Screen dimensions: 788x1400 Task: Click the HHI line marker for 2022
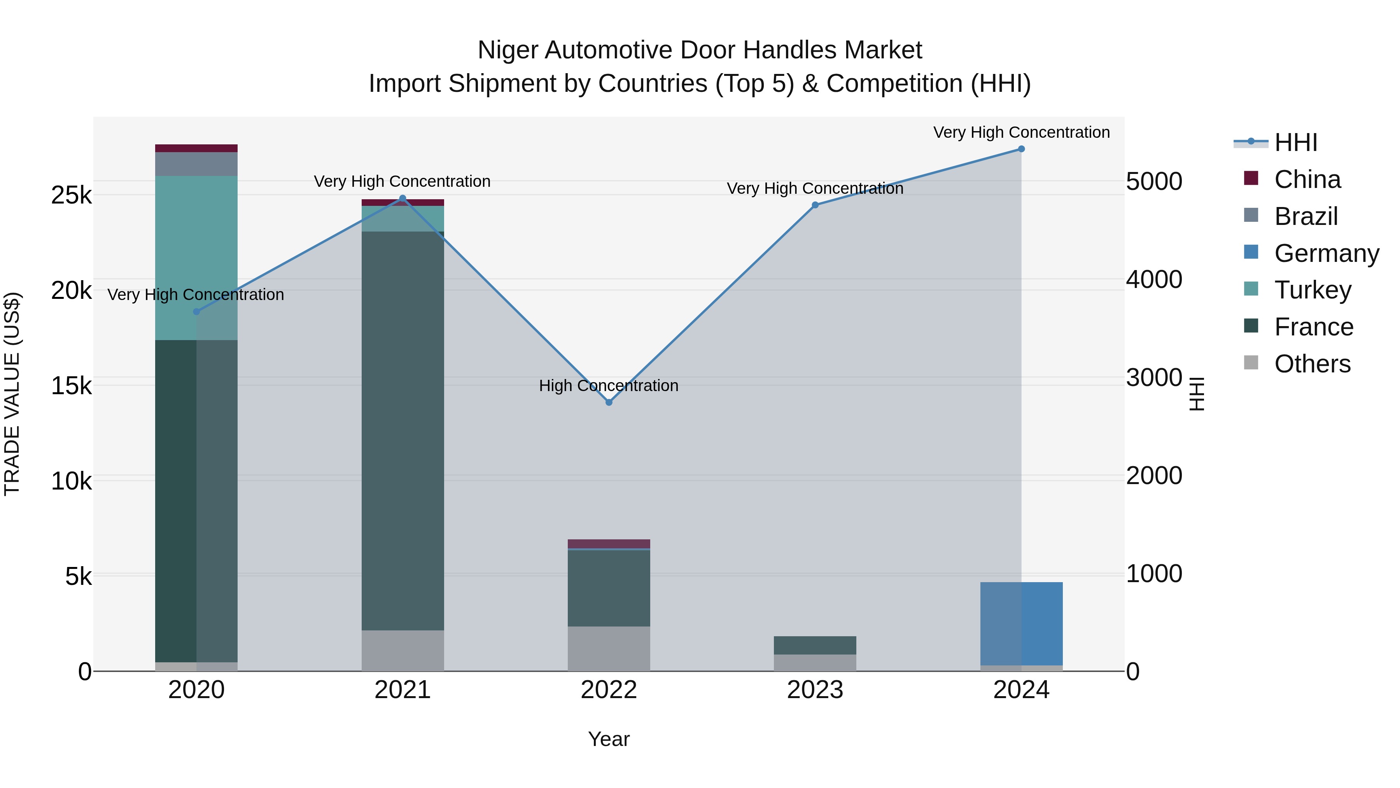click(609, 402)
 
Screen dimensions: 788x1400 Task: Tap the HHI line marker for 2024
click(1021, 149)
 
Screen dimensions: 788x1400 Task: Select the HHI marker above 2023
click(815, 205)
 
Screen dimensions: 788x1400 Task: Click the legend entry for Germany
click(1326, 253)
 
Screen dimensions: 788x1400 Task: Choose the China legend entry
click(1307, 179)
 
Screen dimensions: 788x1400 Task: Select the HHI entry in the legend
click(1296, 142)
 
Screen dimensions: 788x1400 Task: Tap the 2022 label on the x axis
click(609, 690)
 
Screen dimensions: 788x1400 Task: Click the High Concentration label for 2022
click(609, 386)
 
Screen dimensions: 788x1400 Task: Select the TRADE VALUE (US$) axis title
click(12, 394)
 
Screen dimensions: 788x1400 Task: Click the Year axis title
click(609, 739)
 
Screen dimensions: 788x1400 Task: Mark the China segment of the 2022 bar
click(609, 544)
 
